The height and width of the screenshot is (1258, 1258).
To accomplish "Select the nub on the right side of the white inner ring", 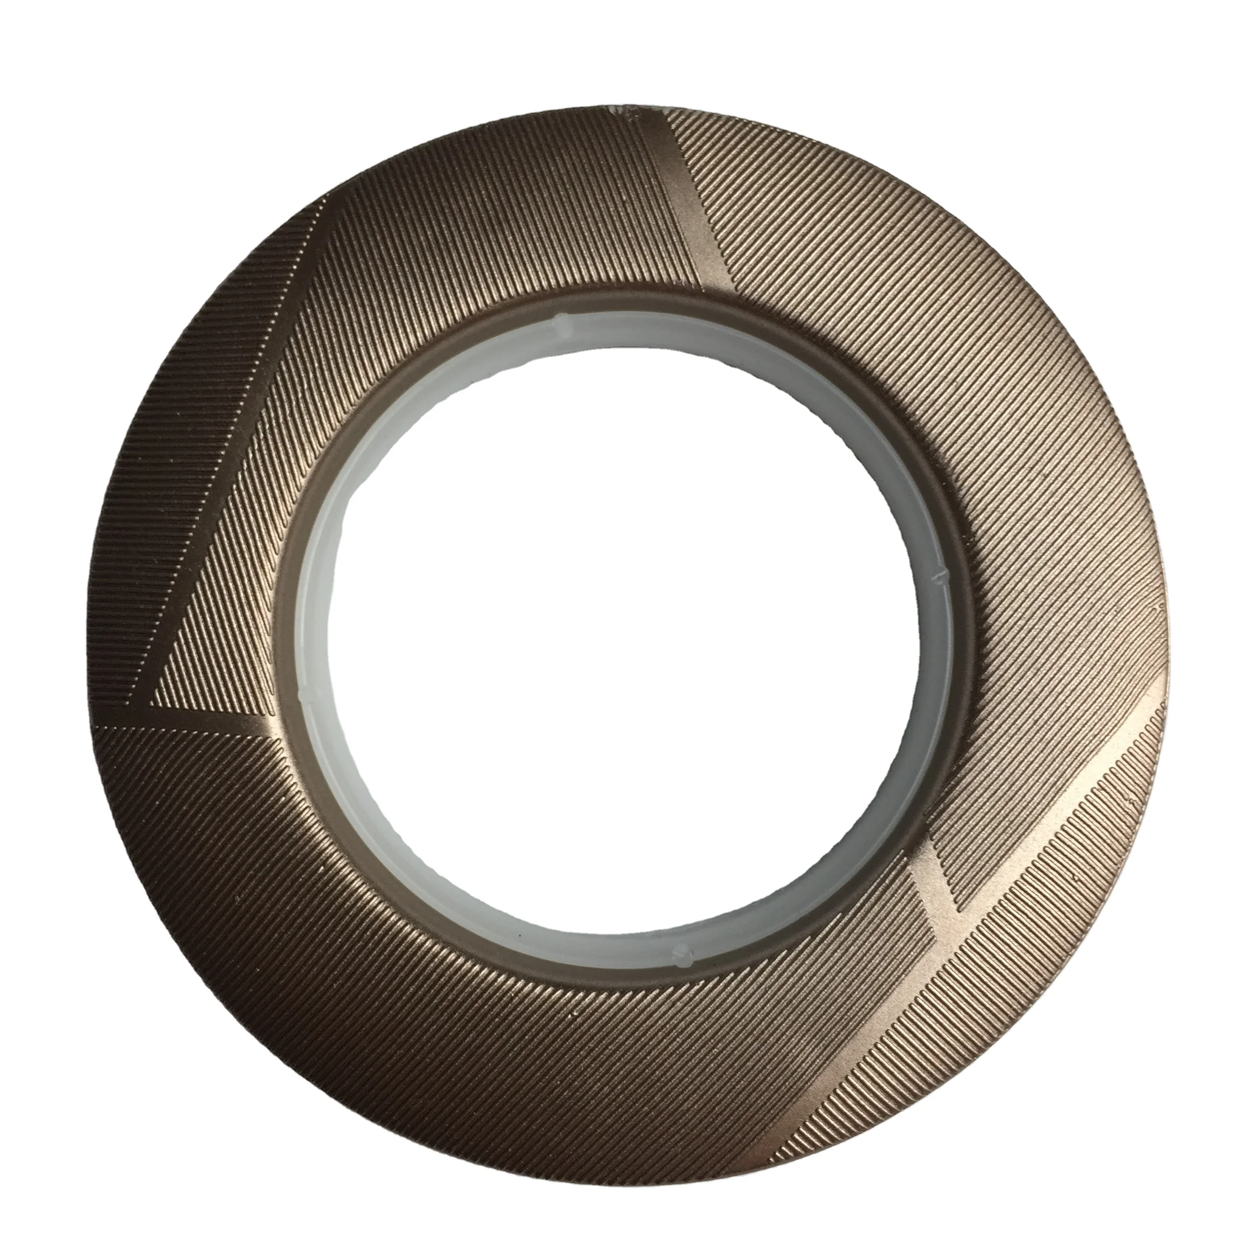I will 938,576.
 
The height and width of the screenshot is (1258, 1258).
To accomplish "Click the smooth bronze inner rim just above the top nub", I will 561,306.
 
